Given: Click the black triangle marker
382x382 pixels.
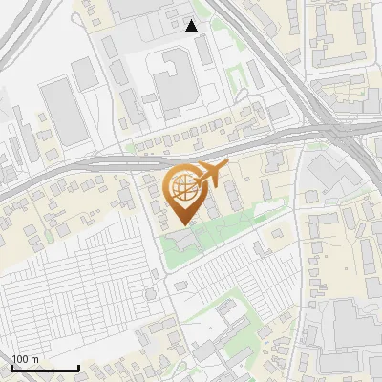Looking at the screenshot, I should pyautogui.click(x=193, y=26).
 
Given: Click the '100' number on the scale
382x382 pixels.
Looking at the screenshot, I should pyautogui.click(x=20, y=359).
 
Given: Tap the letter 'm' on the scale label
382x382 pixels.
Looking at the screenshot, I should pyautogui.click(x=34, y=359).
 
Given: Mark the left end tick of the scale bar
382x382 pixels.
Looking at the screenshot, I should pyautogui.click(x=11, y=368).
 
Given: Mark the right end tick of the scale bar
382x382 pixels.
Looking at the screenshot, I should pyautogui.click(x=79, y=368).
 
